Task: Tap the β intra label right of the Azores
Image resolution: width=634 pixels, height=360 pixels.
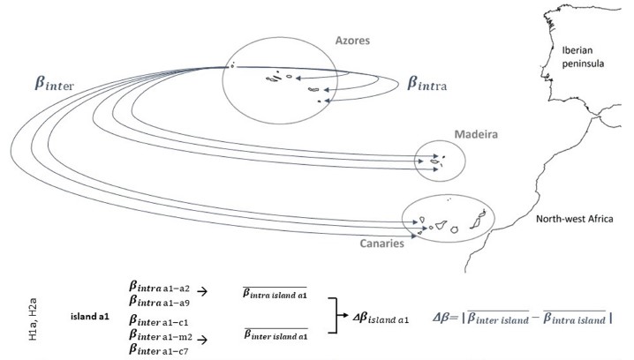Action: point(437,85)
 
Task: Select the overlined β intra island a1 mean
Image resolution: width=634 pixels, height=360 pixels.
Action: point(265,293)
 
